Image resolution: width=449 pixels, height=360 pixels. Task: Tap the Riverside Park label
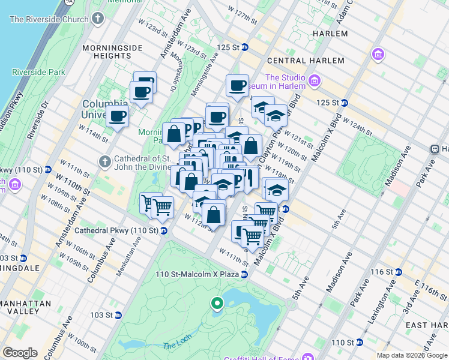38,72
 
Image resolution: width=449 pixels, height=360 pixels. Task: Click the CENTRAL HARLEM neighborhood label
306,61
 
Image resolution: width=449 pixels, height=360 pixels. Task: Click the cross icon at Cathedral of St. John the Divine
105,161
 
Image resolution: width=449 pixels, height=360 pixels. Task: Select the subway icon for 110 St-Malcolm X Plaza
244,274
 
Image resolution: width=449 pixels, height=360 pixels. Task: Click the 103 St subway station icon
118,315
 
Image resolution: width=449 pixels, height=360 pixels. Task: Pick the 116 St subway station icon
399,272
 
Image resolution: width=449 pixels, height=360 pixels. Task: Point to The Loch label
176,346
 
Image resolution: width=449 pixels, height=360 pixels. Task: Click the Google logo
20,353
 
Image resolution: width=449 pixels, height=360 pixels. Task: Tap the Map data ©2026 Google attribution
411,355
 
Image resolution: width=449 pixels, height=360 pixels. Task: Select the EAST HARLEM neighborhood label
427,325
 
